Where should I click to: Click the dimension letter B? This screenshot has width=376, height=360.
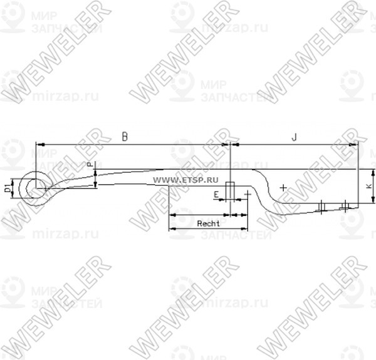(x=125, y=136)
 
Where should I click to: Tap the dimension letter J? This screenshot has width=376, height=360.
(x=293, y=136)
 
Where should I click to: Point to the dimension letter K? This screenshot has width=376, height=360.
(x=366, y=187)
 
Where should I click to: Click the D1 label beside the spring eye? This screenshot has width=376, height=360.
(x=7, y=187)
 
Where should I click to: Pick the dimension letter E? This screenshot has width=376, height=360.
(x=216, y=195)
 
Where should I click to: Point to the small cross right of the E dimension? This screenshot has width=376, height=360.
(x=249, y=194)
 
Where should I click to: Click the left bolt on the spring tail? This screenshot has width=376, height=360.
(x=321, y=207)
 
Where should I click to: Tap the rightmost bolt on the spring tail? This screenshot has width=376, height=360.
(x=345, y=205)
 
